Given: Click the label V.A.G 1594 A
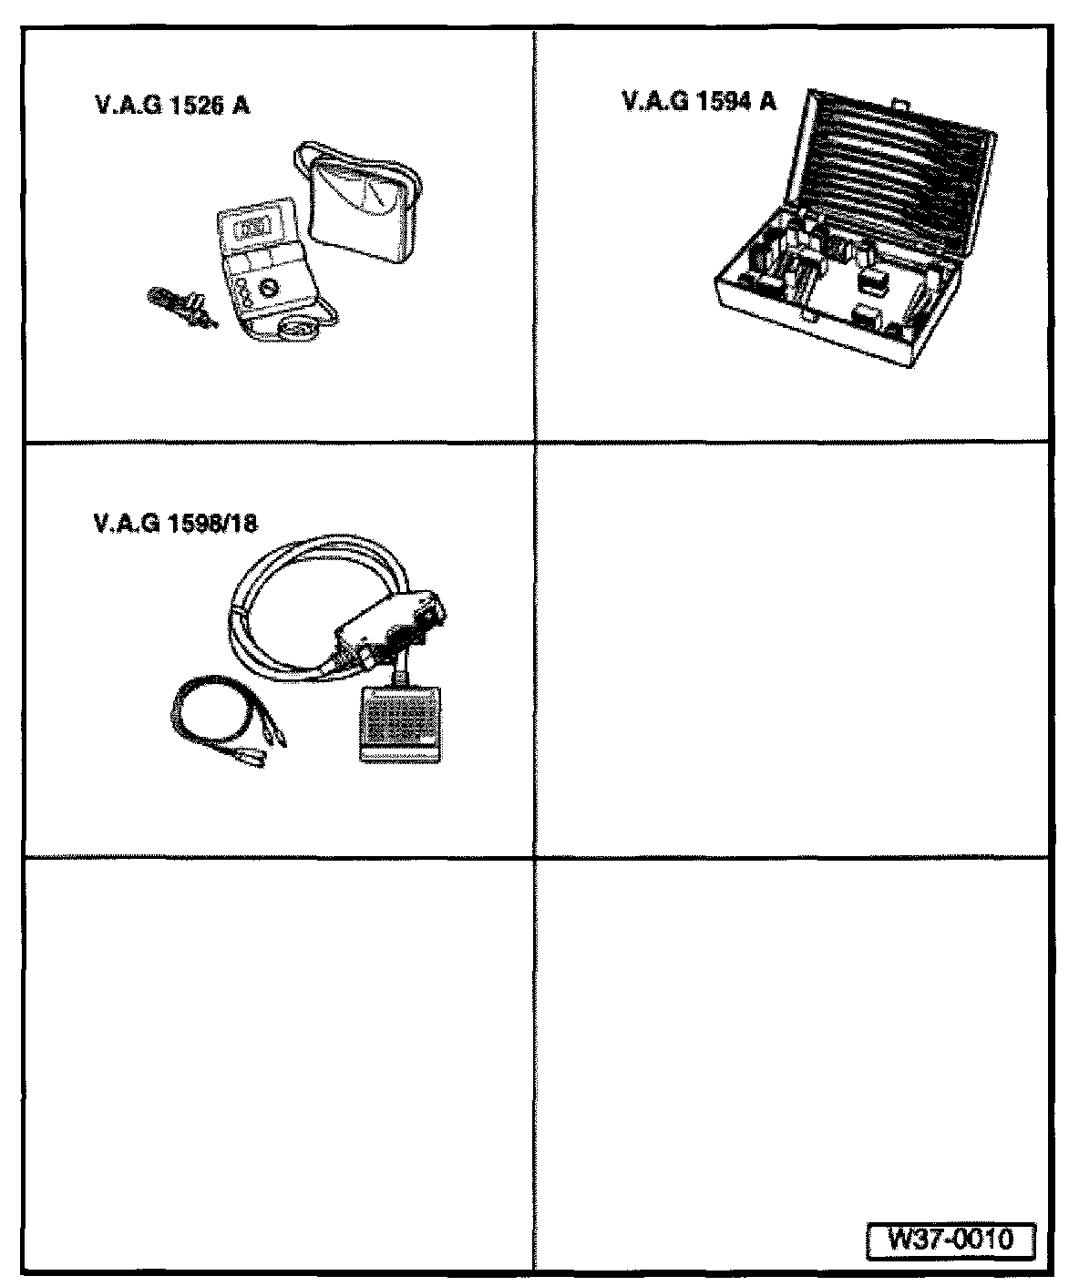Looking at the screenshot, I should [700, 101].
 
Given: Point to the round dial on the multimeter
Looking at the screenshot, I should [267, 289].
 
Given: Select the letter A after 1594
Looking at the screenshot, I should [770, 101].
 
